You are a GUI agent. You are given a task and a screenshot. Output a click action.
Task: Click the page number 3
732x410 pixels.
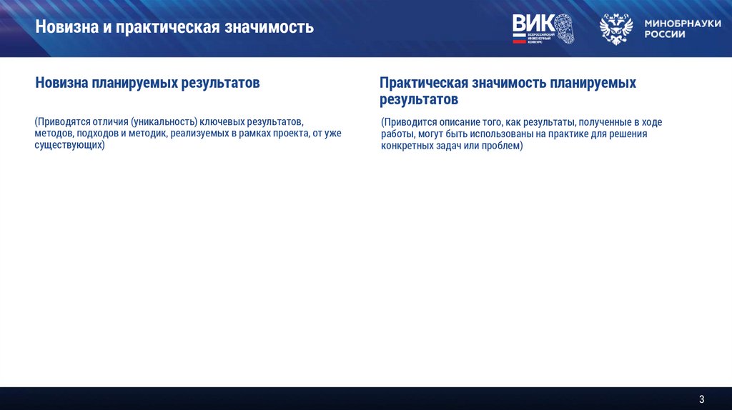(x=701, y=399)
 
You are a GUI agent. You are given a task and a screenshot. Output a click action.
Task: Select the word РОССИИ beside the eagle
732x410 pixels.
(x=665, y=34)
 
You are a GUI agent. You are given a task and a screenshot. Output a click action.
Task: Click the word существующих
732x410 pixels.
(x=68, y=145)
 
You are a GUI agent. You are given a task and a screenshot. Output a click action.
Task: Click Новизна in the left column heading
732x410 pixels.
(x=61, y=84)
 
